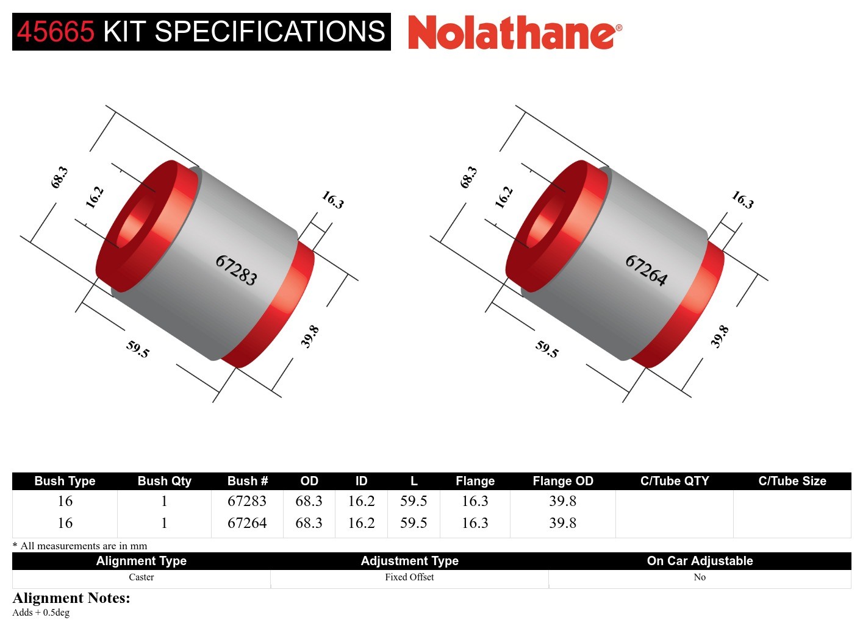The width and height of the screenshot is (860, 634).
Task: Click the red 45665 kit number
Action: [56, 32]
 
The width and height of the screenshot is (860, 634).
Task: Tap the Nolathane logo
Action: [514, 32]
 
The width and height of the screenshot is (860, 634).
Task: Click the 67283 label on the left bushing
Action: [236, 270]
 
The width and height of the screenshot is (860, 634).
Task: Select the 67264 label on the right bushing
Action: [646, 270]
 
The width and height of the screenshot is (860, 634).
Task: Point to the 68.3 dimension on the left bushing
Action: [59, 177]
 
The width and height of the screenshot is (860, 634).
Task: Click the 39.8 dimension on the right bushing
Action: [720, 337]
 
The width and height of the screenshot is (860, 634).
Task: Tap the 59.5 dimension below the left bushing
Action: [137, 349]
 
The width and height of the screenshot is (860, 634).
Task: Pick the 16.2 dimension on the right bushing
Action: [504, 198]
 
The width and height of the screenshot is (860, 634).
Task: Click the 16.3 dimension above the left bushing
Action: [332, 199]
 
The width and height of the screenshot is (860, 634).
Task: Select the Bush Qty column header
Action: [164, 481]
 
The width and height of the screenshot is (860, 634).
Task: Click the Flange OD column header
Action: [562, 481]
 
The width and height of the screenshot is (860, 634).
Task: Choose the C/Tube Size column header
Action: [792, 481]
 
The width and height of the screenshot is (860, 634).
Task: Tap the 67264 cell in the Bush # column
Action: [247, 523]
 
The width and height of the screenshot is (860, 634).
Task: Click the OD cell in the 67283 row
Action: [309, 501]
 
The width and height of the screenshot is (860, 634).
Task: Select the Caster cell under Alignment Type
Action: [141, 577]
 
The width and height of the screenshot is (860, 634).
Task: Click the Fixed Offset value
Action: [409, 577]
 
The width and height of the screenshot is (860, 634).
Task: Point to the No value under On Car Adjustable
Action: [700, 577]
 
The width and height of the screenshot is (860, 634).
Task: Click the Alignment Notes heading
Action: [71, 598]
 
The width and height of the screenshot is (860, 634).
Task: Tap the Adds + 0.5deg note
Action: [41, 613]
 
